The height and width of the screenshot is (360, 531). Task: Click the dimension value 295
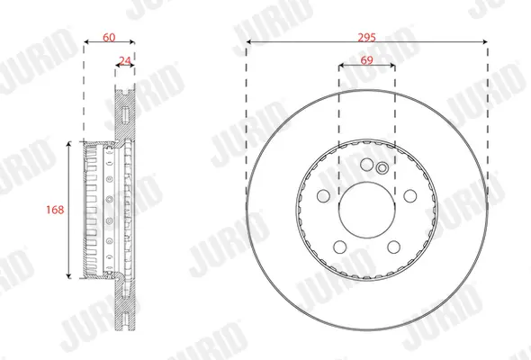367,37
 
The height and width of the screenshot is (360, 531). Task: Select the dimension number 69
367,60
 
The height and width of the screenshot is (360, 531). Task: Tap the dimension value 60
109,37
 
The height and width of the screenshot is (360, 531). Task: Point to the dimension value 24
125,61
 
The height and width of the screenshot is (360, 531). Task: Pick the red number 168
55,210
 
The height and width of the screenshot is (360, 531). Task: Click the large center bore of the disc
367,210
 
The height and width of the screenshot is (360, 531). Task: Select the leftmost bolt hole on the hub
323,195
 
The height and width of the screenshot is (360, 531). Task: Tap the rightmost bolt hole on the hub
410,195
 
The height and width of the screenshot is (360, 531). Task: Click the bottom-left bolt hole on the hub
339,247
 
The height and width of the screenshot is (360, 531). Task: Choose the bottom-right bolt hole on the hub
393,247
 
